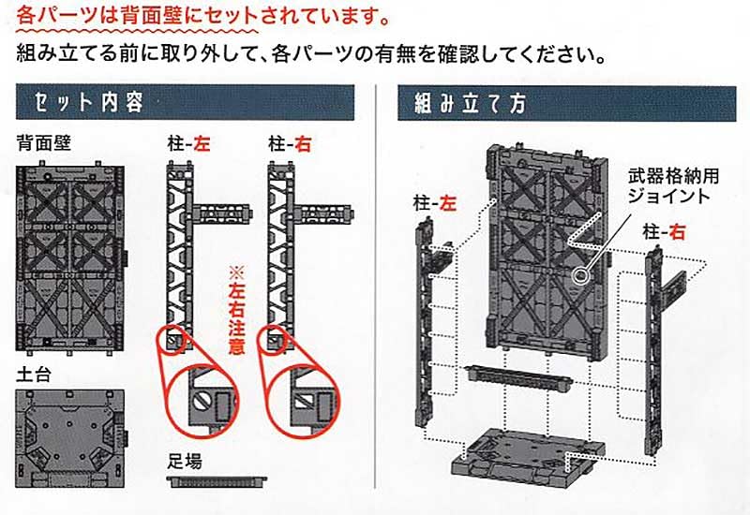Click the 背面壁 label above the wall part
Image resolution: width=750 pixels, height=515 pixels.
(x=38, y=143)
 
